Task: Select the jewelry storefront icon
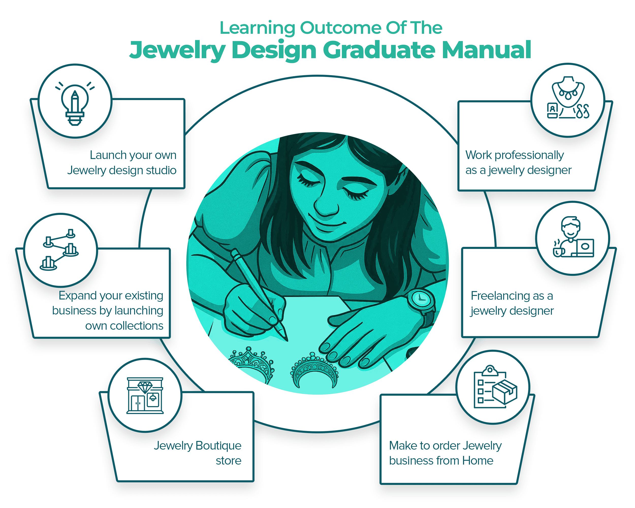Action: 145,395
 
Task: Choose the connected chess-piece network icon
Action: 59,249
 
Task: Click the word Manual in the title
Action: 487,50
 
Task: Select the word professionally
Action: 529,155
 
